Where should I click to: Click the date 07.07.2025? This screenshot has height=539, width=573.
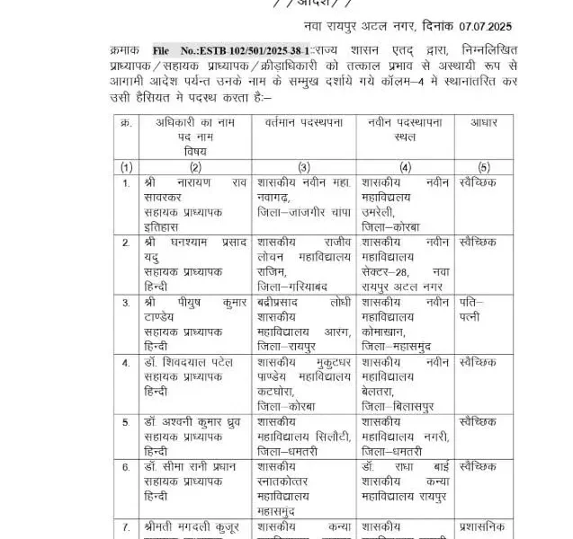click(488, 30)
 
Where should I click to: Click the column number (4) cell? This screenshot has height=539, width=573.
click(405, 166)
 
